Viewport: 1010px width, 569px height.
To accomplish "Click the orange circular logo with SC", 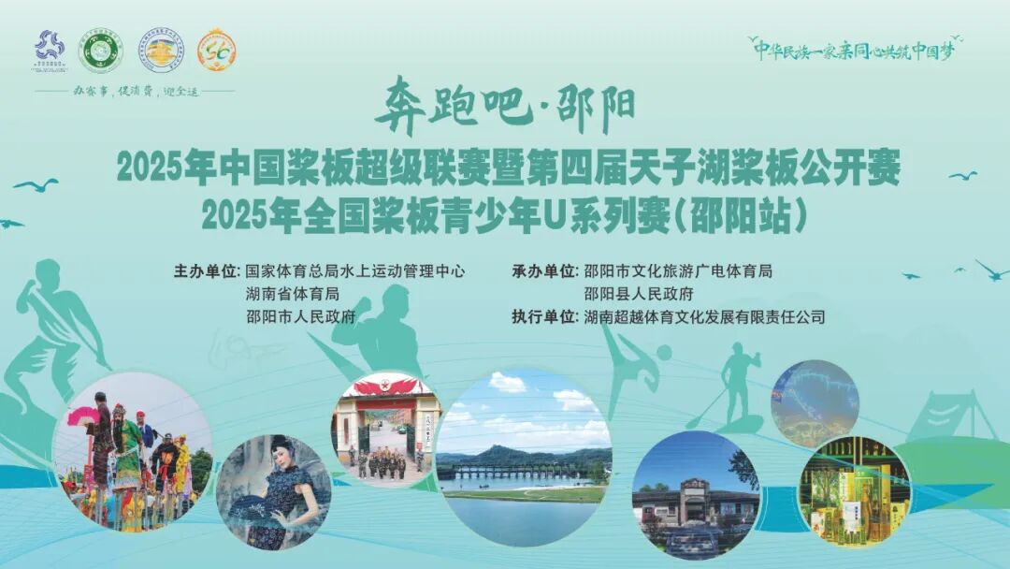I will tap(216, 50).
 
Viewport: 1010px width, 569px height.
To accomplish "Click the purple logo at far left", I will tap(50, 50).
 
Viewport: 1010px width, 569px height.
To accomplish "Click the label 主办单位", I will tap(207, 271).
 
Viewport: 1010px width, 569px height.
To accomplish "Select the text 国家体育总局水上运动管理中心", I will tap(355, 271).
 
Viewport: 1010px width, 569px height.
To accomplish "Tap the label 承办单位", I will tap(545, 271).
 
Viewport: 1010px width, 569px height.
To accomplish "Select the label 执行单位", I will tap(545, 316).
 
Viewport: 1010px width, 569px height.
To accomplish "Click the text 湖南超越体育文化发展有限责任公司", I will tap(704, 316).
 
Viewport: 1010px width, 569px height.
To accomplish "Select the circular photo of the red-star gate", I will tap(387, 429).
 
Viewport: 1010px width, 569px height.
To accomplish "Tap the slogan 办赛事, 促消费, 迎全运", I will tap(135, 92).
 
